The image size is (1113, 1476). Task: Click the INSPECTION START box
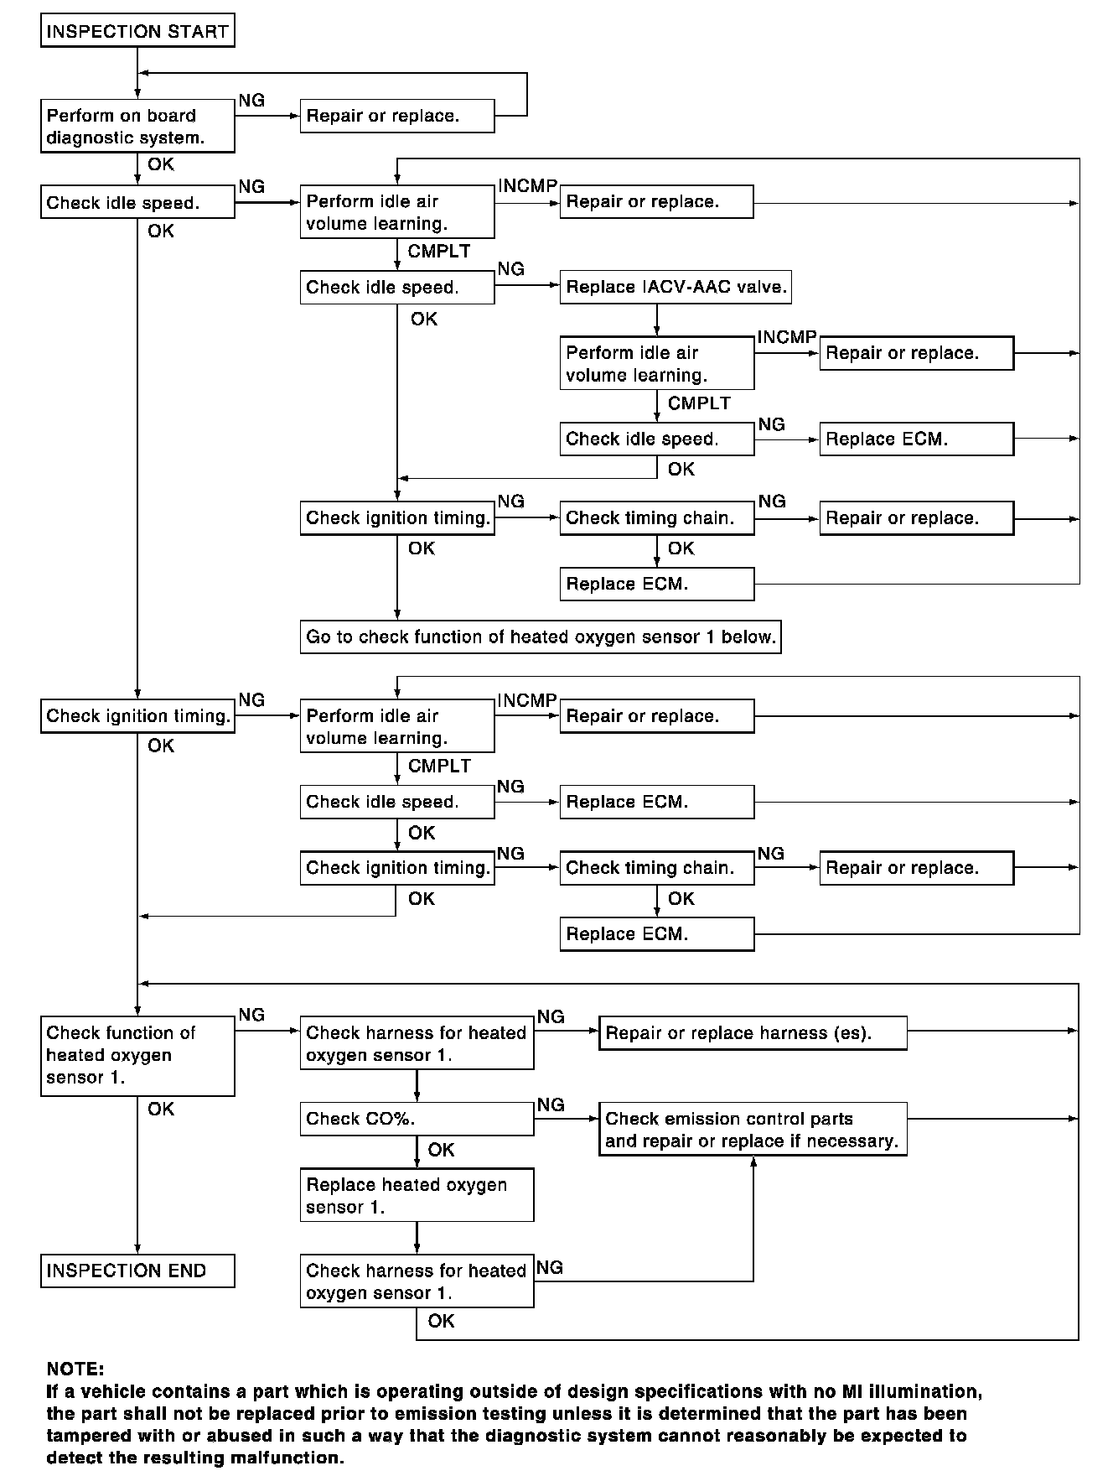[137, 32]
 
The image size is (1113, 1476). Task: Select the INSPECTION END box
[137, 1271]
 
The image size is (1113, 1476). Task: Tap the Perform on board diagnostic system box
[137, 127]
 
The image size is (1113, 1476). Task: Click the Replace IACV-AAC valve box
[676, 287]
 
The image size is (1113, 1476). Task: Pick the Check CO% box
[417, 1119]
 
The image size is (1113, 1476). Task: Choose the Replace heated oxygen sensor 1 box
[417, 1196]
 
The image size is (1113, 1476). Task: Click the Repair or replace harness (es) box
[753, 1033]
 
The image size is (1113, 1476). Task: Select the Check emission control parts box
[753, 1130]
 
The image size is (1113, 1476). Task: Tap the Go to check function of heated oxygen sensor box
[541, 637]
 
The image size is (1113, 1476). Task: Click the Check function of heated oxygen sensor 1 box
[137, 1055]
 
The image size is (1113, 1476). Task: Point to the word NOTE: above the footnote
[75, 1369]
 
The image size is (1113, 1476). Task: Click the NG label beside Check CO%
[551, 1104]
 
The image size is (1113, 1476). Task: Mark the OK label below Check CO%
[441, 1150]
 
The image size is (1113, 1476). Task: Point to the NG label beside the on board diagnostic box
[251, 101]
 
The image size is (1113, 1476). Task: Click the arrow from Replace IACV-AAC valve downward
[657, 320]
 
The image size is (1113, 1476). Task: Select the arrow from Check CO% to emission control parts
[567, 1119]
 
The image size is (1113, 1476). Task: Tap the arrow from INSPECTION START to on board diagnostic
[137, 73]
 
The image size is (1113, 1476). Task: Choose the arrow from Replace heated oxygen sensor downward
[417, 1237]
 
